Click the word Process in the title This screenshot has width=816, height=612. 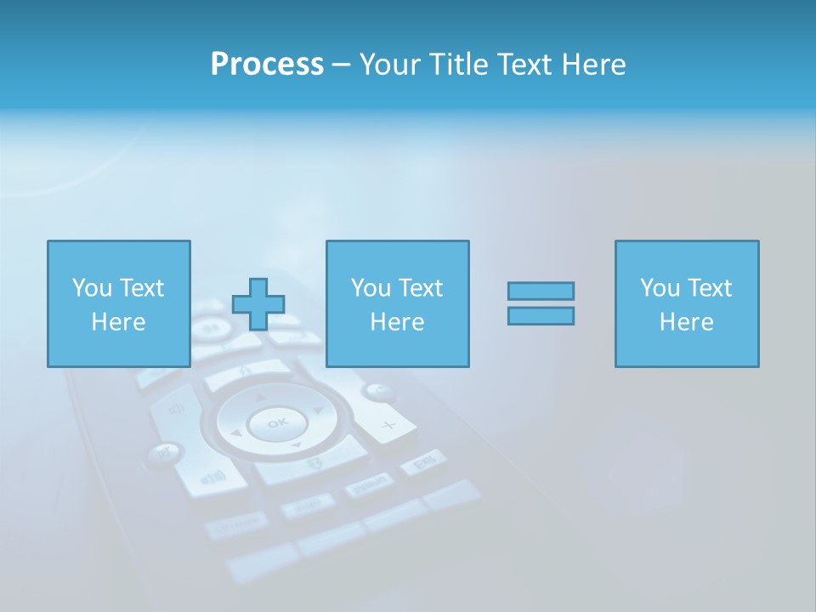pyautogui.click(x=267, y=64)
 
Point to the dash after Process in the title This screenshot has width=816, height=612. pyautogui.click(x=342, y=65)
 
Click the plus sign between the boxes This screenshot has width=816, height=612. pyautogui.click(x=258, y=304)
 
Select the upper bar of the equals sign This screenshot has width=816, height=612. pyautogui.click(x=541, y=291)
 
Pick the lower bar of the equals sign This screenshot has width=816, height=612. pyautogui.click(x=541, y=315)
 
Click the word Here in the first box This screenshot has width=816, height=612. pyautogui.click(x=118, y=322)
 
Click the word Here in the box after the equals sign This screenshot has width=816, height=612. pyautogui.click(x=687, y=322)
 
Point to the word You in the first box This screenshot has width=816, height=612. pyautogui.click(x=92, y=288)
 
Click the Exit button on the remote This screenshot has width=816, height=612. pyautogui.click(x=423, y=462)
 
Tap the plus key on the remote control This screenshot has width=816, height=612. pyautogui.click(x=388, y=424)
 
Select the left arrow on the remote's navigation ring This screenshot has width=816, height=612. pyautogui.click(x=236, y=433)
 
